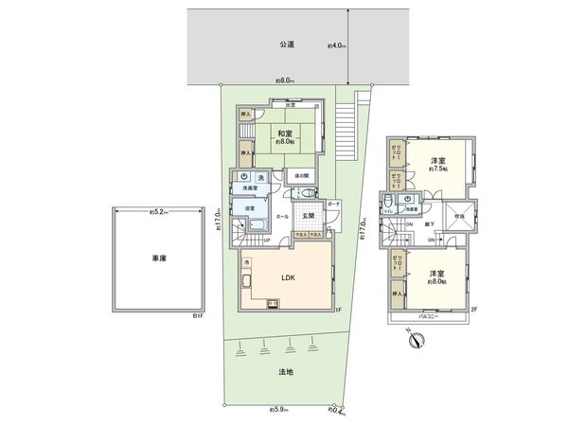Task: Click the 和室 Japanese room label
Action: (x=286, y=133)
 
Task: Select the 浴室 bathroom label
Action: (x=250, y=207)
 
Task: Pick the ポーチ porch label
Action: (x=333, y=204)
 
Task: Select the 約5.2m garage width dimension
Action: (x=157, y=212)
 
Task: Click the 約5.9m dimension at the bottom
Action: (x=279, y=409)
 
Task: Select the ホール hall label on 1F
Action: (x=283, y=217)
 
